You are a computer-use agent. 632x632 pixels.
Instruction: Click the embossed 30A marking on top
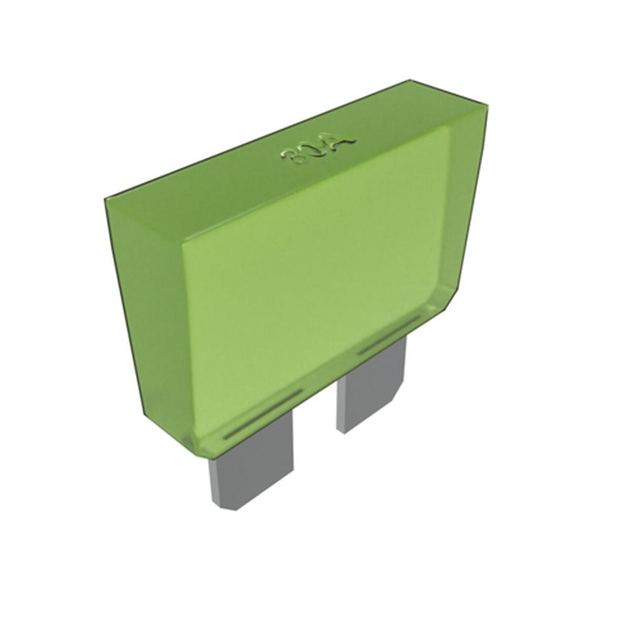318,148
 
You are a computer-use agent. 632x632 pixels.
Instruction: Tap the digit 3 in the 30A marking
291,158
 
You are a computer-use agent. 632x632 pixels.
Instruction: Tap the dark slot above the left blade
263,414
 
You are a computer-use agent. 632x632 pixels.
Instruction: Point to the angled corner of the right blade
403,393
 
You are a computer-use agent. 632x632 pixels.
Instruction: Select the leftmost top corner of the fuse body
105,198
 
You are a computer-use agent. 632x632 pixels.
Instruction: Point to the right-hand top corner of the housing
487,106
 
